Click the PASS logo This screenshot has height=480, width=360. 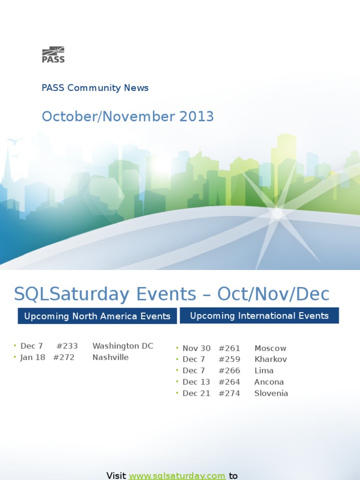pos(53,54)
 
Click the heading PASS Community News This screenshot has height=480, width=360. pos(95,88)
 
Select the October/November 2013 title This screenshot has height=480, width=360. pos(127,116)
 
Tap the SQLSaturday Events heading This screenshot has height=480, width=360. pos(172,294)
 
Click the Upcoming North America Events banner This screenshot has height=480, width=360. pos(97,316)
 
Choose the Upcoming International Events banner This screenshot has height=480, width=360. pos(259,315)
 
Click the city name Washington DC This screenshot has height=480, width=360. pos(123,346)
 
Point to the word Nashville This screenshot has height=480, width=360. pos(110,357)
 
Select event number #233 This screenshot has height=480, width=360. pos(67,346)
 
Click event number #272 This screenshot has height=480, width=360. pos(64,357)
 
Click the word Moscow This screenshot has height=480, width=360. pos(270,348)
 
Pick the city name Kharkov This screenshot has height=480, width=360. pos(270,360)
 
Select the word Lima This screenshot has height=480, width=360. pos(264,371)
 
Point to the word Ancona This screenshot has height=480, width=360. pos(269,382)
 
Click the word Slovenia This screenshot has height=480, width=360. pos(271,393)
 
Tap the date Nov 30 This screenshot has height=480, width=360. pos(196,348)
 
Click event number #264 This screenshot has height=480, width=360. pos(229,382)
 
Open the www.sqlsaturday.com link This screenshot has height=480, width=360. pos(177,476)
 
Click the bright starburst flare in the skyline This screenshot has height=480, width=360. pos(277,213)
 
